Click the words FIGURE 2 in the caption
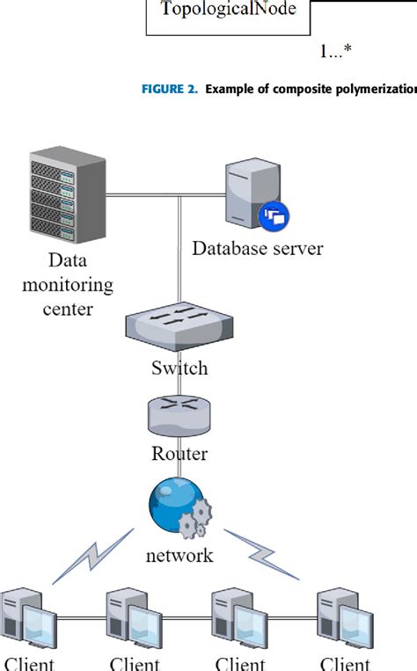click(171, 90)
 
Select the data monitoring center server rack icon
click(67, 198)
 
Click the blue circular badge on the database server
click(274, 215)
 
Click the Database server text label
click(257, 248)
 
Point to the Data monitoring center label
click(68, 285)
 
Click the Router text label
click(179, 453)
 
